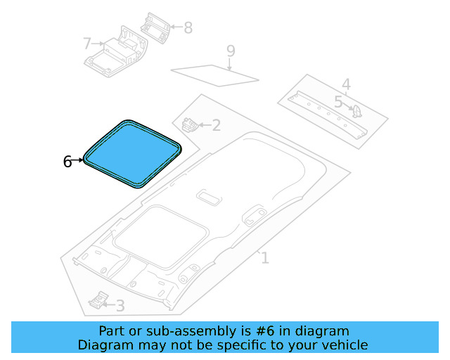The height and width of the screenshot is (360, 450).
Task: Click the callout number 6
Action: click(x=67, y=162)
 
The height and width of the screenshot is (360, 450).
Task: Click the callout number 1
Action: click(x=264, y=258)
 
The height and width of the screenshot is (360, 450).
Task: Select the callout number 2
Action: click(x=216, y=126)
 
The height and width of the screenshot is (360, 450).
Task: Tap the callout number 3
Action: click(x=120, y=306)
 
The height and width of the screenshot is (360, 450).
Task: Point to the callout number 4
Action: click(x=346, y=84)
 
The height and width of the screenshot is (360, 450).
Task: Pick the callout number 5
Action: click(x=338, y=103)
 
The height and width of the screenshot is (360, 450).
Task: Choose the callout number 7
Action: click(x=87, y=44)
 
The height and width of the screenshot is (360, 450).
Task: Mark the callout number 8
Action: click(x=188, y=28)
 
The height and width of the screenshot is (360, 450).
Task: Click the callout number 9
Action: click(x=230, y=51)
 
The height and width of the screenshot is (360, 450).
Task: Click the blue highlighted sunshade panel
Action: click(x=132, y=153)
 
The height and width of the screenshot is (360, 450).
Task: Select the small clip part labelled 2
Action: click(x=189, y=125)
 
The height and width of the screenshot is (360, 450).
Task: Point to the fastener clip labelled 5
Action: click(x=356, y=111)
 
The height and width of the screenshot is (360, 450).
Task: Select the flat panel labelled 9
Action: click(x=214, y=74)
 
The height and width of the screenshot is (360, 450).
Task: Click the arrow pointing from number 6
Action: click(x=77, y=161)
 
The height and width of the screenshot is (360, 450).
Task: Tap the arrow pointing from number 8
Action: click(x=176, y=28)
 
